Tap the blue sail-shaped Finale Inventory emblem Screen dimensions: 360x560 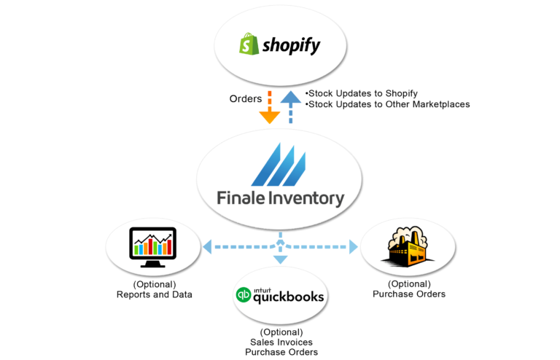[280, 164]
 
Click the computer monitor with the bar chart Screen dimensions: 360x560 [152, 243]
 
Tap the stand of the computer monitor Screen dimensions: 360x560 [152, 263]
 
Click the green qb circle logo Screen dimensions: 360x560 [243, 296]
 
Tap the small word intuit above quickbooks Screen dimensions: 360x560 [262, 288]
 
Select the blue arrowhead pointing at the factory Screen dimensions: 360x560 [354, 247]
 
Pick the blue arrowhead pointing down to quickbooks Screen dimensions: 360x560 [280, 259]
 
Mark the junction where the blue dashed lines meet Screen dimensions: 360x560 [280, 246]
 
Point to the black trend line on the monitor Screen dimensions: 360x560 [153, 238]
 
